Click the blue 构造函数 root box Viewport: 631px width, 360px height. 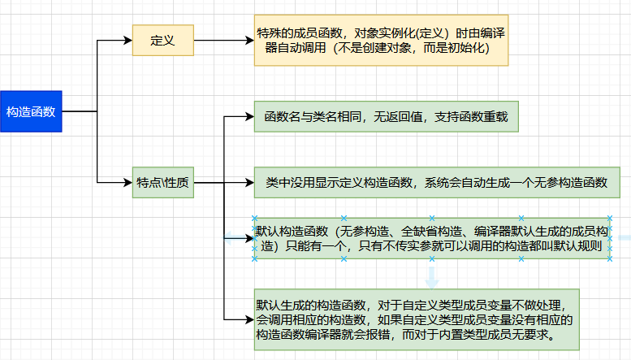31,111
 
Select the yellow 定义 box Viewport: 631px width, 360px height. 163,40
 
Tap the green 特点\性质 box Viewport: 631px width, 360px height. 163,183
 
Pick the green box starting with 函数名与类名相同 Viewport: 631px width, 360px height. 381,117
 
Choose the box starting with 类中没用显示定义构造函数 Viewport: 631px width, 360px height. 436,183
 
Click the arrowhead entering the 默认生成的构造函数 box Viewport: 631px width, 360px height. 249,319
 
